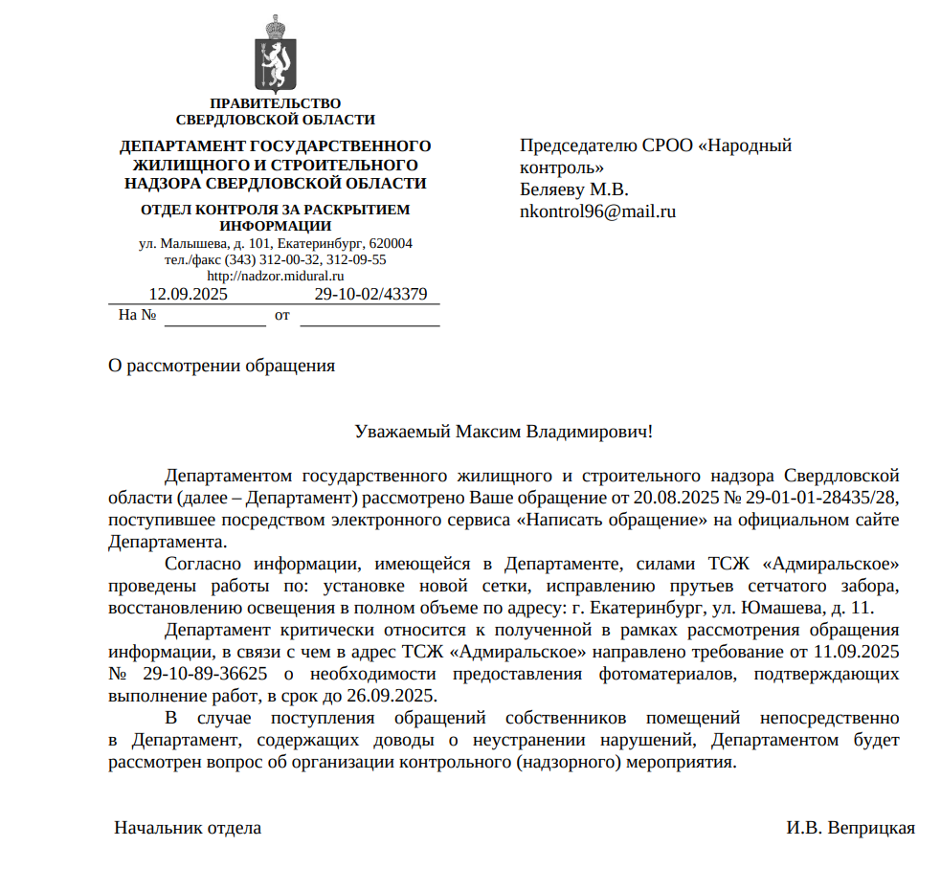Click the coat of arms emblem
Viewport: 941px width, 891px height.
[x=275, y=55]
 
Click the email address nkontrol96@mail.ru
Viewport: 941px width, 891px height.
[x=597, y=212]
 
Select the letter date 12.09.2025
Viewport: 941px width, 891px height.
[x=189, y=294]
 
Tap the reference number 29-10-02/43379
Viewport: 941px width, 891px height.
[x=370, y=294]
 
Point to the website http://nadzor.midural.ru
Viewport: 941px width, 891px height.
[x=275, y=276]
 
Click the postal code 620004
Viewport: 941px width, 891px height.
[x=391, y=243]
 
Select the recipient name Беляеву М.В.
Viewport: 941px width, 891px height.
[x=573, y=189]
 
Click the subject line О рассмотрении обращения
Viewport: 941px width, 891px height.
[x=221, y=365]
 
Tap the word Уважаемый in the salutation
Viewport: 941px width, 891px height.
[x=401, y=432]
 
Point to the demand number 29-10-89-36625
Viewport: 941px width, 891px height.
[x=204, y=674]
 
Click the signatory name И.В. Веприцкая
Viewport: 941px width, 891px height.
[x=851, y=828]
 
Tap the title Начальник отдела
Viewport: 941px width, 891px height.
[x=188, y=828]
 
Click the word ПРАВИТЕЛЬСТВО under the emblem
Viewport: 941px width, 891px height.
[x=276, y=103]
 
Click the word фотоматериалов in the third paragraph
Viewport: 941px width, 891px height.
[x=661, y=674]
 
